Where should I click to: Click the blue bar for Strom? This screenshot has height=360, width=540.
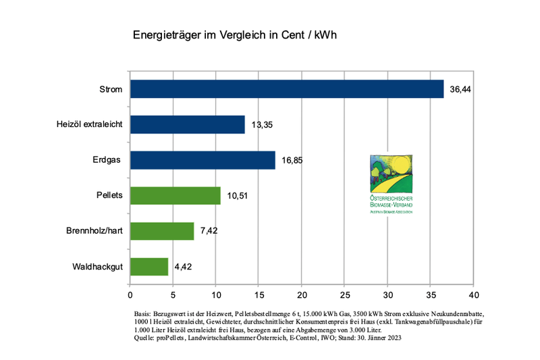click(287, 89)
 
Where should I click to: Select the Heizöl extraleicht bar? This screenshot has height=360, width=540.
click(188, 124)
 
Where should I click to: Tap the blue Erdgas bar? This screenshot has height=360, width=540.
click(202, 160)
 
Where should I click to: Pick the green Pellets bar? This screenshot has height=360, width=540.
click(175, 195)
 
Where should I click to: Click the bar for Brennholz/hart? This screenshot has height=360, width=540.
click(162, 231)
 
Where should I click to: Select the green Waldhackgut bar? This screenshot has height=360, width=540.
click(149, 266)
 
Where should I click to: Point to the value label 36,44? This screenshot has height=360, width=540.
click(460, 89)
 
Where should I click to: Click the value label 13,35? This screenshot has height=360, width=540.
click(262, 125)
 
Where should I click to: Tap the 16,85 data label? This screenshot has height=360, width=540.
click(292, 160)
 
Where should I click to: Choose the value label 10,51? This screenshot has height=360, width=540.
click(238, 196)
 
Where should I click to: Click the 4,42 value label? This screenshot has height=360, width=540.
click(184, 267)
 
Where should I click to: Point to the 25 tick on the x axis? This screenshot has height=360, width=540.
click(345, 296)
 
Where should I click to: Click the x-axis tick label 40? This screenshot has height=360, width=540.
click(474, 296)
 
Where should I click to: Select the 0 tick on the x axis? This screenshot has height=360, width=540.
click(130, 296)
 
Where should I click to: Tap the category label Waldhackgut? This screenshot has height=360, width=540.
click(97, 267)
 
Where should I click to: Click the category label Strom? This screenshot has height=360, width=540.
click(111, 89)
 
